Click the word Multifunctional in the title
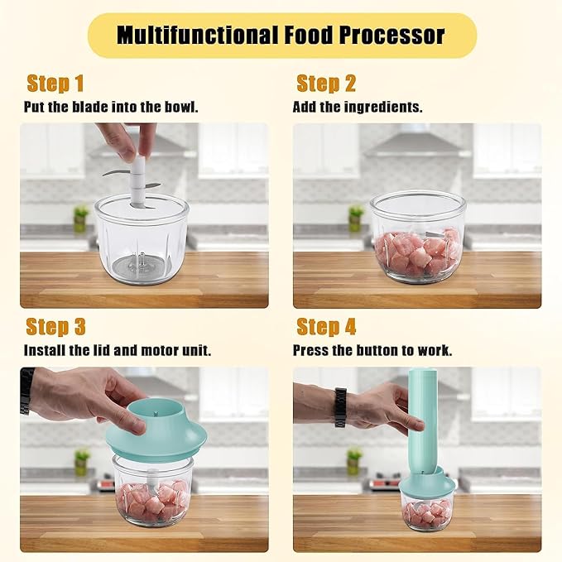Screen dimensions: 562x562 click(x=198, y=35)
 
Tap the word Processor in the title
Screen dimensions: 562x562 click(x=391, y=35)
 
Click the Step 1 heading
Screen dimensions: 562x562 click(x=55, y=84)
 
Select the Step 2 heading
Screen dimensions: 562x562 click(x=326, y=84)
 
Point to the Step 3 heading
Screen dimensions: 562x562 click(x=56, y=327)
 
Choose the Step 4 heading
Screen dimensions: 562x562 click(x=326, y=327)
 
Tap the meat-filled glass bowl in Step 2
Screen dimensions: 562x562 click(x=417, y=237)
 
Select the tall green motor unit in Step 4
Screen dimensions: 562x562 click(x=423, y=421)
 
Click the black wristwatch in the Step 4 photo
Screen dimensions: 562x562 click(x=340, y=407)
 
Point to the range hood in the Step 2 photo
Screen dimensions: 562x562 click(x=417, y=147)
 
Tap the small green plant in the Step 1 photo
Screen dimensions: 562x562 click(x=80, y=219)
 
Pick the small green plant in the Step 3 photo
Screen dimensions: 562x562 click(x=81, y=462)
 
